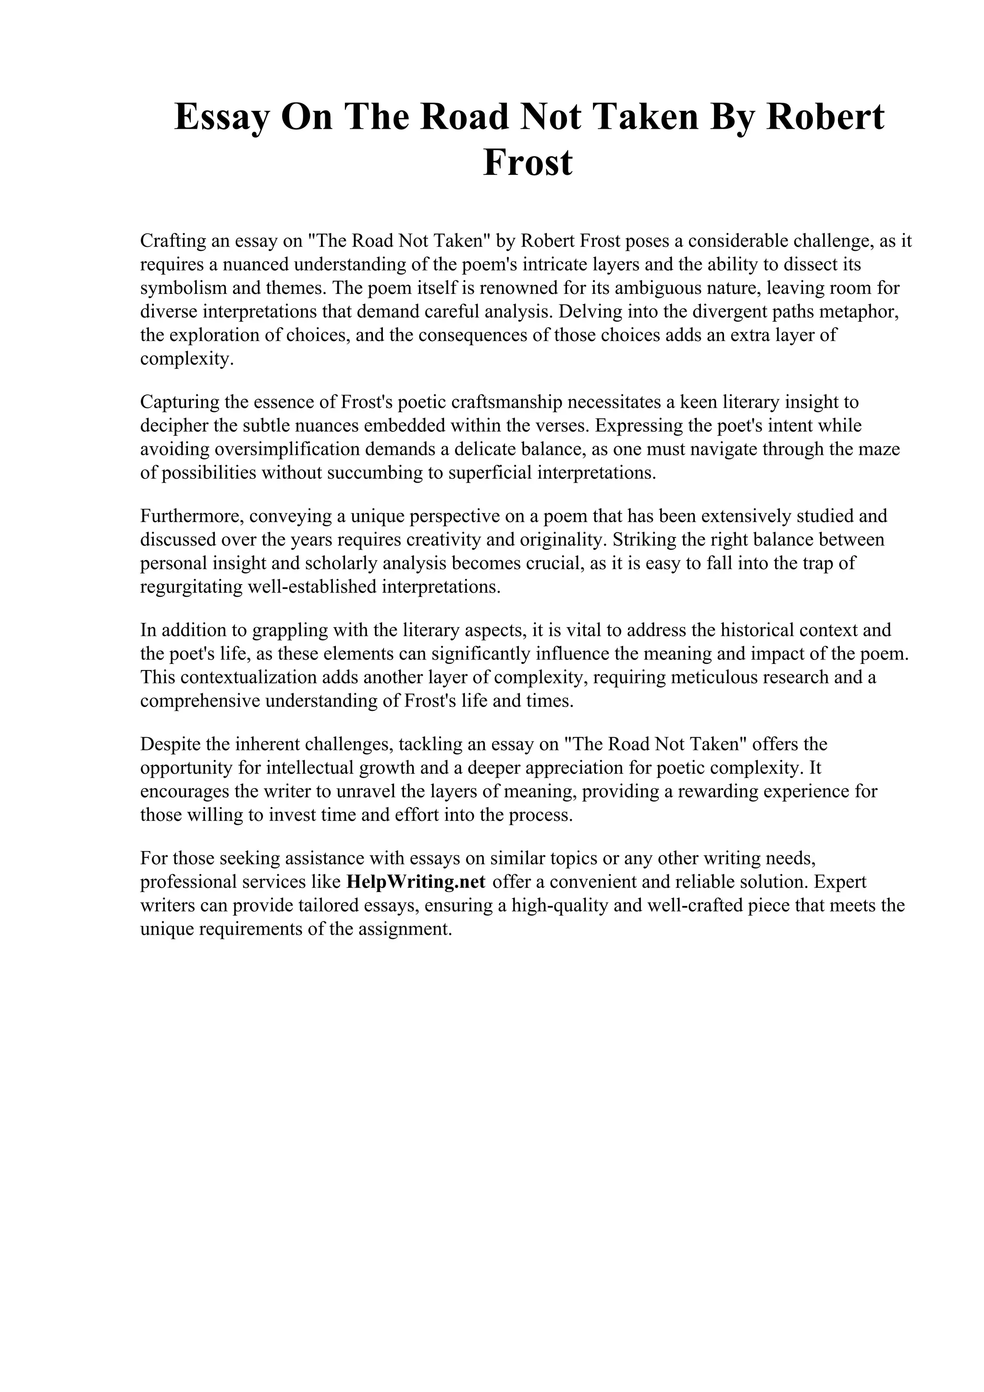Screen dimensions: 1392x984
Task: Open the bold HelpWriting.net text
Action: [x=416, y=881]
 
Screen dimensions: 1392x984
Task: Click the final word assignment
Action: [x=398, y=929]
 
